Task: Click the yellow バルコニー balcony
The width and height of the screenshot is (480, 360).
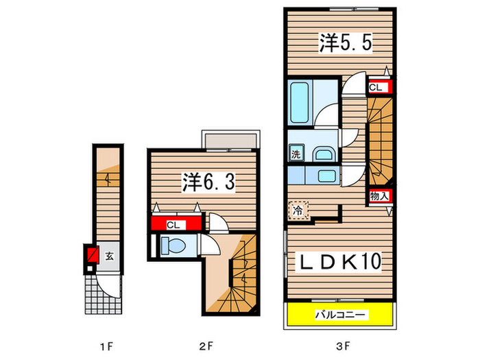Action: pos(341,315)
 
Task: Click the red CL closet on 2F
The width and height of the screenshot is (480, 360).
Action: pos(176,224)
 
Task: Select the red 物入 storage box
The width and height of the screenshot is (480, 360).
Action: pos(380,195)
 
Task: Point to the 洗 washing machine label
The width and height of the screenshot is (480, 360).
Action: pos(295,154)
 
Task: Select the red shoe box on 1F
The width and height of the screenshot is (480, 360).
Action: pos(90,256)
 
